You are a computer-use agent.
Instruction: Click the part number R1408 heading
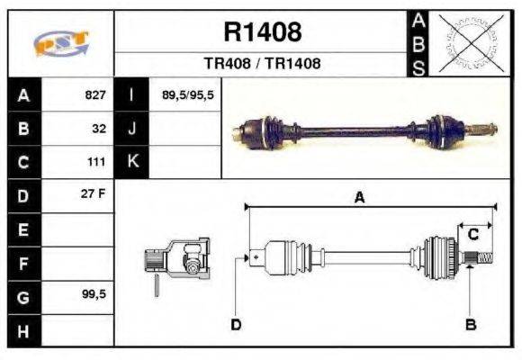click(262, 33)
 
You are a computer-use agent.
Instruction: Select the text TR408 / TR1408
click(262, 64)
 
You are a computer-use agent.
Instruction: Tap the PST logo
click(60, 43)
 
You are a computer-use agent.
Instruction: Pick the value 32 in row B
click(100, 129)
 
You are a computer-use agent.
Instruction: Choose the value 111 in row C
click(97, 162)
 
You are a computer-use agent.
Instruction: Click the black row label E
click(22, 229)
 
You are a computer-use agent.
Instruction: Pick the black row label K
click(131, 162)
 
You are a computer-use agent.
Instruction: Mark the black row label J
click(131, 129)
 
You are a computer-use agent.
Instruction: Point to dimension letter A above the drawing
click(359, 199)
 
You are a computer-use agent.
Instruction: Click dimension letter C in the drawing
click(472, 235)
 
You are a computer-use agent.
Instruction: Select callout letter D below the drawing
click(236, 324)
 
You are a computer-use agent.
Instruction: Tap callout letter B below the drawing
click(470, 324)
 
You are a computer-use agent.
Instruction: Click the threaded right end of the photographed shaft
click(482, 127)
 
